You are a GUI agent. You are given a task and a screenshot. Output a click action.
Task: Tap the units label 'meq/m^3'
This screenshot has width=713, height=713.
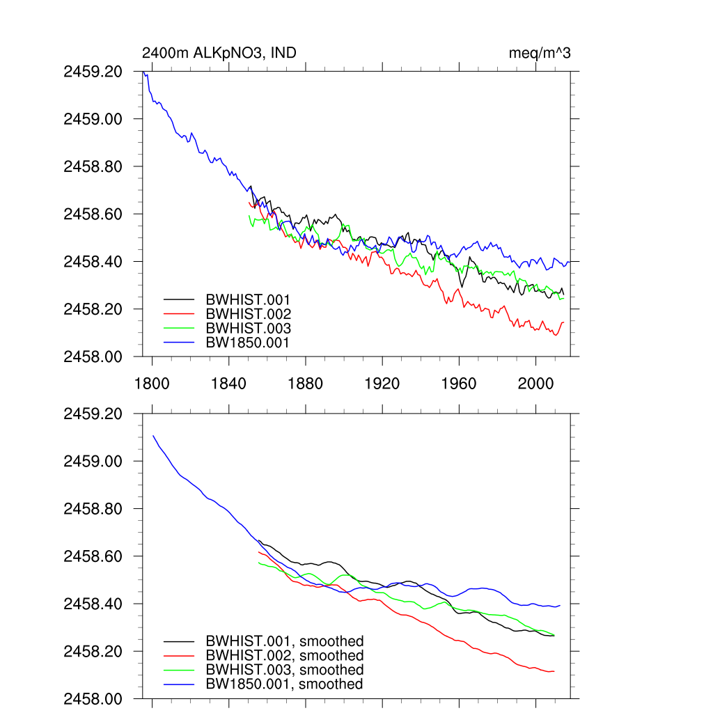pos(540,53)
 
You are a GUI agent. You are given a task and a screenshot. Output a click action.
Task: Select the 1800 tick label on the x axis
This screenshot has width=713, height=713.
pos(152,383)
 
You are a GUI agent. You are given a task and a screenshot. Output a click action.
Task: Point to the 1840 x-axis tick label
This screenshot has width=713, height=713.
pos(228,383)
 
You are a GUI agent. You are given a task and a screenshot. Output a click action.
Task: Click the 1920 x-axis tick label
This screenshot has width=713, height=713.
pos(382,383)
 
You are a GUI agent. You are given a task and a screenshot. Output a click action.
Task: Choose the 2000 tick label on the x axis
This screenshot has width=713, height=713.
pos(535,383)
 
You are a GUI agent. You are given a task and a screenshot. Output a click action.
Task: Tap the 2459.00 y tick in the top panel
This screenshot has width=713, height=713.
pos(93,119)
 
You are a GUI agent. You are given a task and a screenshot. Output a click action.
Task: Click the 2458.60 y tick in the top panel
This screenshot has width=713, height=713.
pos(93,214)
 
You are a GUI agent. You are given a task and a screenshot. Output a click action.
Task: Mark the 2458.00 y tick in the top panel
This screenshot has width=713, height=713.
pos(93,356)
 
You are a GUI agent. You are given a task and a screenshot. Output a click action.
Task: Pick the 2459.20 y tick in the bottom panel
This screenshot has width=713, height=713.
pos(93,414)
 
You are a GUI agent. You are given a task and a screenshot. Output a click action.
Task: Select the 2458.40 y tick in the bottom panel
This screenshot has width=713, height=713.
pos(93,604)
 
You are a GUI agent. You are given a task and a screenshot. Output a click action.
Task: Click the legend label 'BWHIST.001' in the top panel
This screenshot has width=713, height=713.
pos(248,300)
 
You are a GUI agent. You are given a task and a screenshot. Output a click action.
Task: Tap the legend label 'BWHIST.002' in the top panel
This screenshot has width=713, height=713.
pos(248,314)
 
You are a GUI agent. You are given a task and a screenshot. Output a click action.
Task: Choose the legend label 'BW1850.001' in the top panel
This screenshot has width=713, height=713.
pos(248,342)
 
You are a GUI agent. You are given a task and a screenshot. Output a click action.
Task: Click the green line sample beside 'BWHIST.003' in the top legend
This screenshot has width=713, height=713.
pos(180,328)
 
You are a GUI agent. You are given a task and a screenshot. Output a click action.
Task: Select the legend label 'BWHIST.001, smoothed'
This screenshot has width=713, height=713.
pos(284,641)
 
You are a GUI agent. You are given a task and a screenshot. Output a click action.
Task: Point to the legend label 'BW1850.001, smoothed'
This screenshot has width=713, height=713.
pos(284,684)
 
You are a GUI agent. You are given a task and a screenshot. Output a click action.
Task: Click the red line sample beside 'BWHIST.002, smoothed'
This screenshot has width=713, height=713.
pos(180,656)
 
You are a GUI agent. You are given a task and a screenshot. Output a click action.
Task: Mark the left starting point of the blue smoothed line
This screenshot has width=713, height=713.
pos(153,436)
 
